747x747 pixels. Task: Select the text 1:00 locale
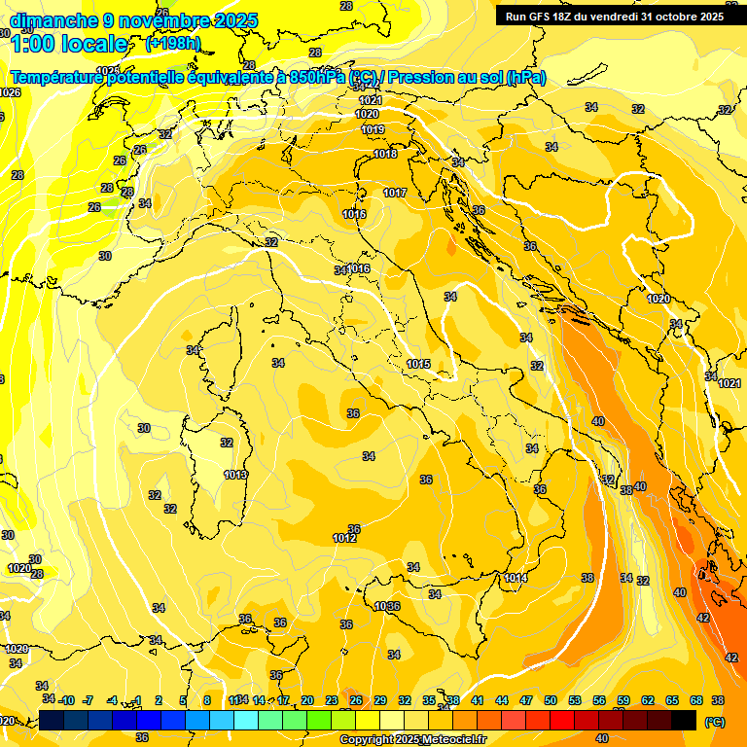[69, 44]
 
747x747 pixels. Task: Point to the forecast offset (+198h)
[172, 44]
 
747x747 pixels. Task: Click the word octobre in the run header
[672, 17]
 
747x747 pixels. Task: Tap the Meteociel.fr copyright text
[412, 740]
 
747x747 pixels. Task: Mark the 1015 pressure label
[418, 364]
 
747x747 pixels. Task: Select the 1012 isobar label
[343, 538]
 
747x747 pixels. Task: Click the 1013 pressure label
[234, 475]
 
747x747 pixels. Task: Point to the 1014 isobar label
[516, 579]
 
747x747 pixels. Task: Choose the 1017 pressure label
[395, 194]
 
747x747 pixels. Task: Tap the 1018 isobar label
[385, 154]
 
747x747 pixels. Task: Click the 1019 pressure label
[373, 129]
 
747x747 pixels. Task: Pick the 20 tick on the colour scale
[307, 700]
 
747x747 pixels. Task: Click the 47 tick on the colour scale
[526, 700]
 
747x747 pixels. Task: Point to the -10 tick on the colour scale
[66, 700]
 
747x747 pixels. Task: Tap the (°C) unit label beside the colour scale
[714, 722]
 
